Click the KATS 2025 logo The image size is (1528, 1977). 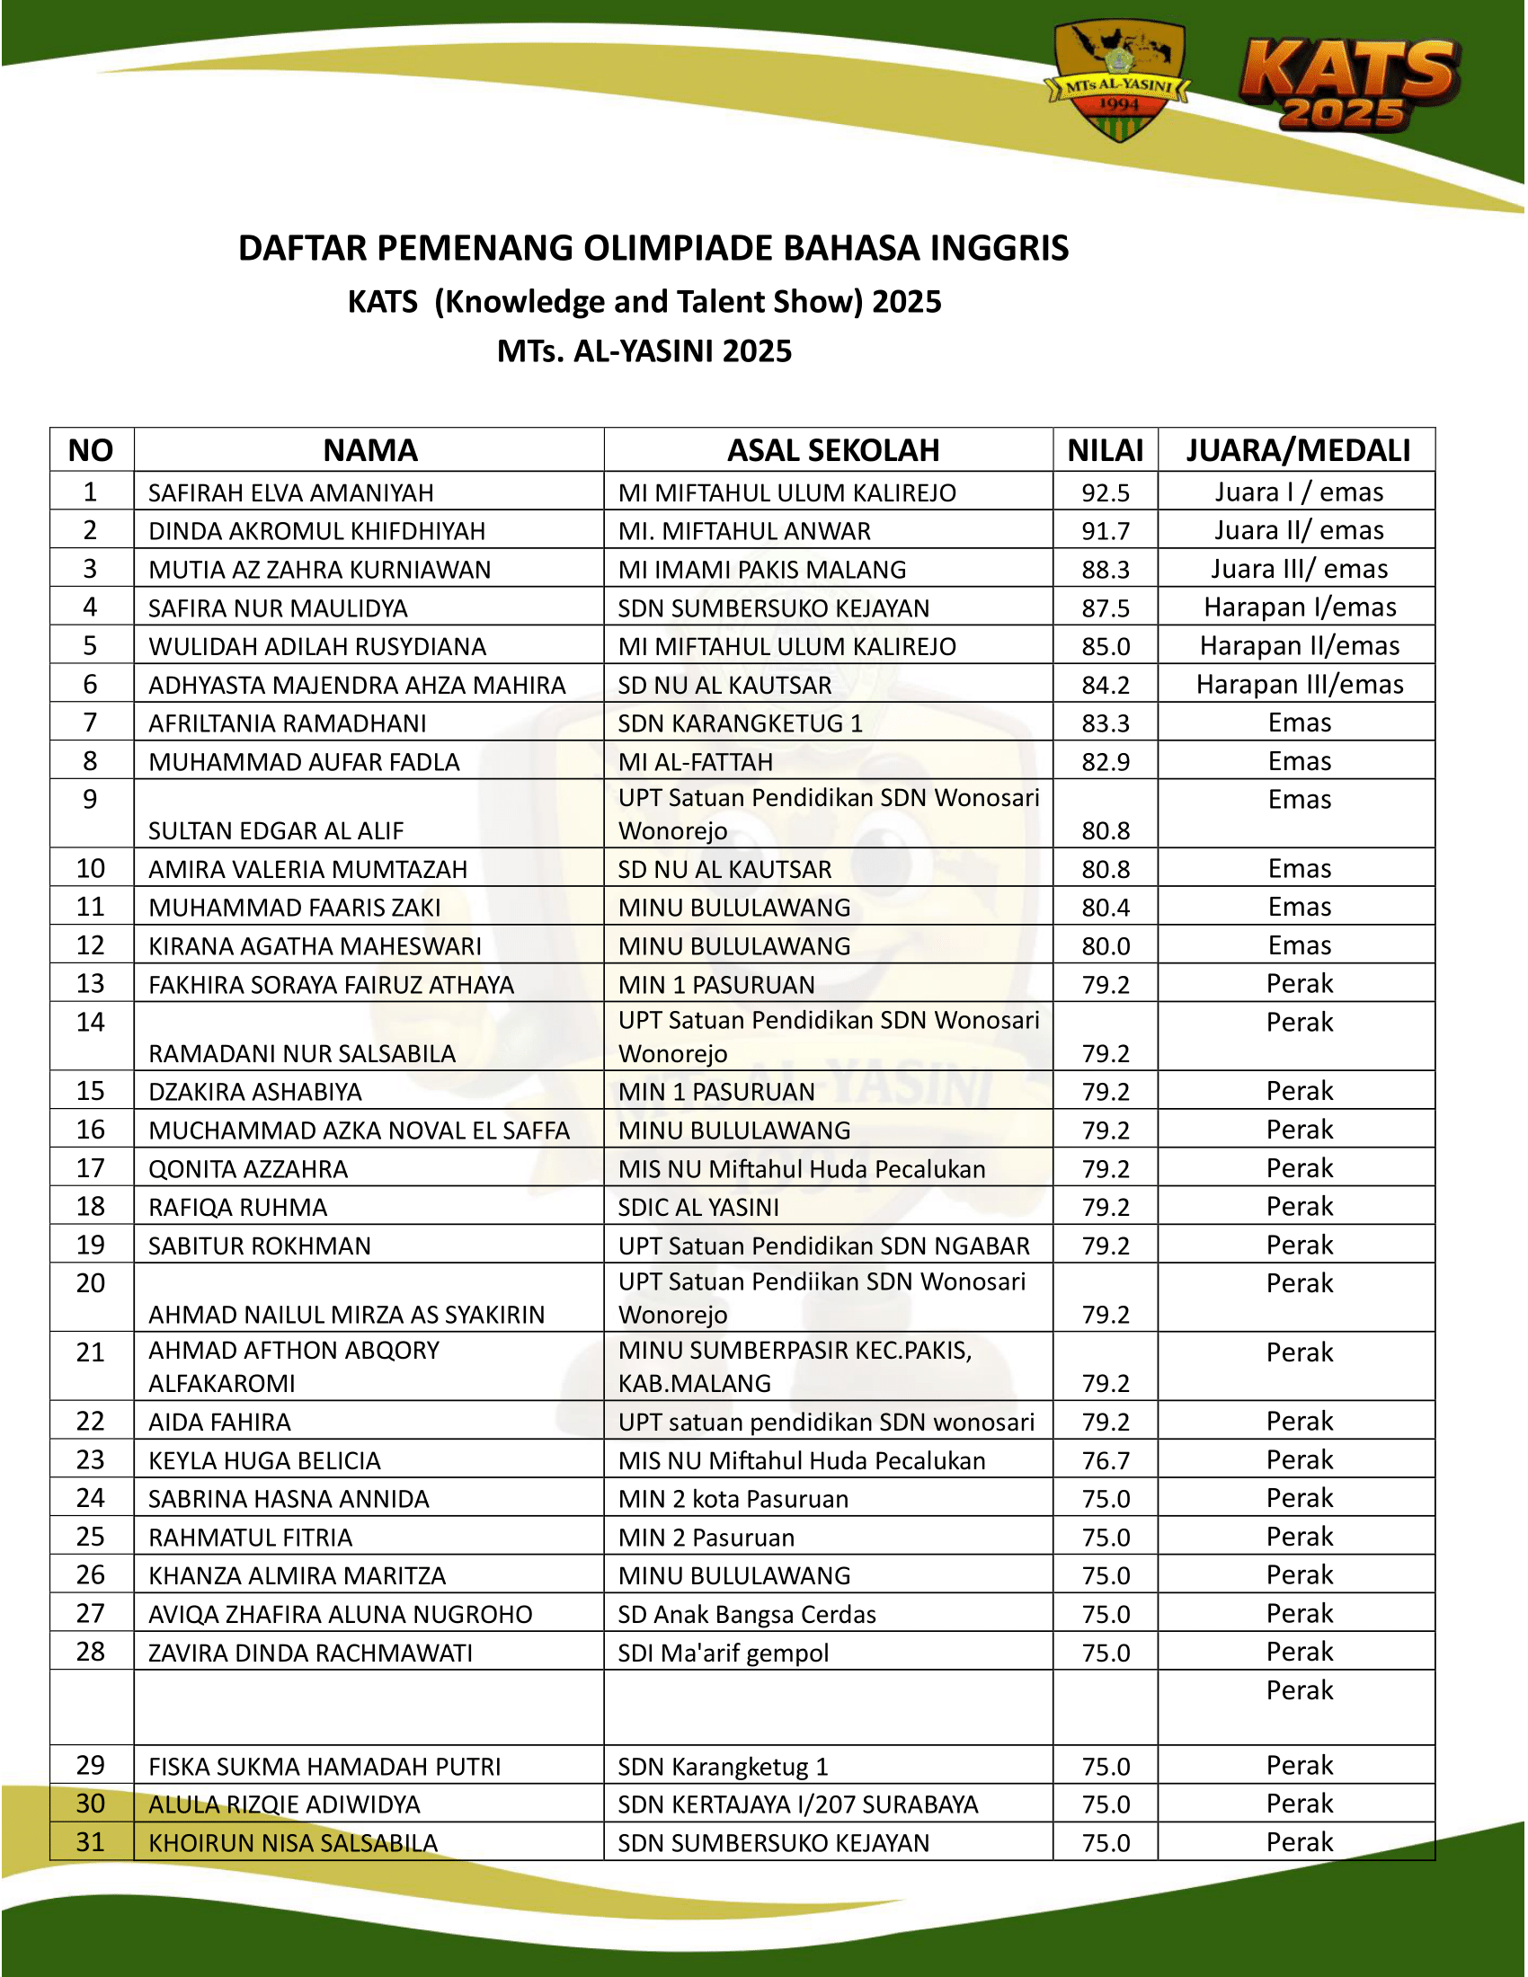click(1348, 86)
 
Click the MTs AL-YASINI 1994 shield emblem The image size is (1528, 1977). click(1119, 82)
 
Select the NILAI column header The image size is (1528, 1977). click(1106, 450)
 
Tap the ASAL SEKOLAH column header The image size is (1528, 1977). click(833, 450)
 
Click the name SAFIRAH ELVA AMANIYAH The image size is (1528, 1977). click(290, 492)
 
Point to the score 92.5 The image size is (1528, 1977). click(1106, 492)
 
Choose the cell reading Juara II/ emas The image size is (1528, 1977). click(1298, 530)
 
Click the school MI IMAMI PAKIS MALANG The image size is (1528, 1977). click(761, 570)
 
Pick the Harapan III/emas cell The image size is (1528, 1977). click(1299, 685)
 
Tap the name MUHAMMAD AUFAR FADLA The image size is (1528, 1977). click(303, 762)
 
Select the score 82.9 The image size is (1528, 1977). click(1106, 762)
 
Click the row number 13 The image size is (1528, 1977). click(91, 984)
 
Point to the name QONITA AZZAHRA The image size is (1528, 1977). click(248, 1168)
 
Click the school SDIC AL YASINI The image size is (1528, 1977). click(697, 1208)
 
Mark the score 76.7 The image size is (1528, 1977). click(1106, 1460)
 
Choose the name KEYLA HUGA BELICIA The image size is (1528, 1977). click(264, 1460)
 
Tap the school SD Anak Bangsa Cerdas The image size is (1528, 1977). click(747, 1614)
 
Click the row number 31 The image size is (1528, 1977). click(91, 1842)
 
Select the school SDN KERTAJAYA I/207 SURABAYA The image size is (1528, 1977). click(797, 1804)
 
